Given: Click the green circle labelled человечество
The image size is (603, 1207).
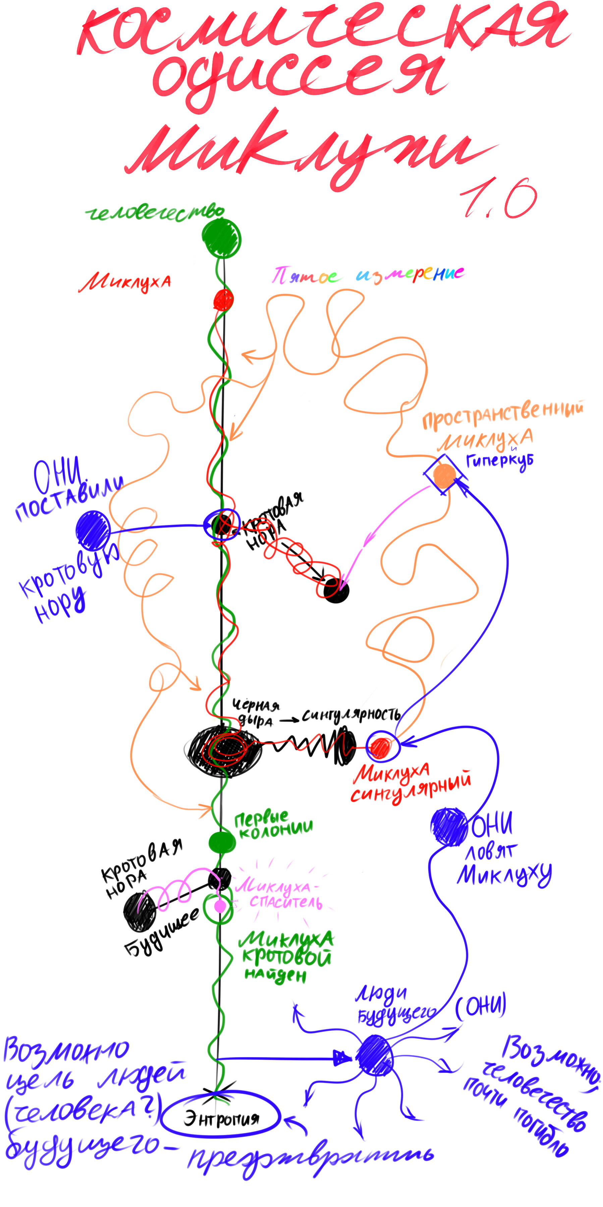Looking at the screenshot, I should tap(222, 238).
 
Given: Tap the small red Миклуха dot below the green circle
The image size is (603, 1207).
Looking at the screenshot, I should tap(223, 299).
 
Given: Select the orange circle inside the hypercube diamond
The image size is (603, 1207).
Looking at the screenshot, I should tap(444, 475).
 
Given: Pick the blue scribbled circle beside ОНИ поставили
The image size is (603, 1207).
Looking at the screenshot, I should tap(93, 530).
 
